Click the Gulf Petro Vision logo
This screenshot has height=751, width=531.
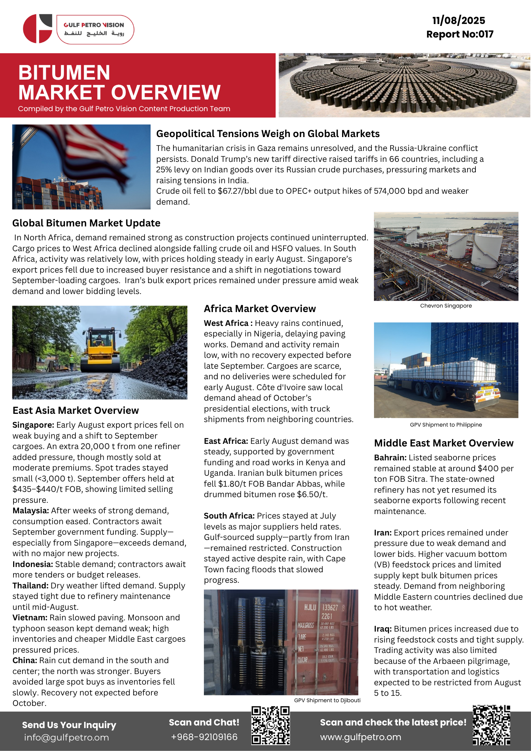(78, 29)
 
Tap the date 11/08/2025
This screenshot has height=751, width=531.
(459, 20)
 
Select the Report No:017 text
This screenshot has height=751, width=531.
(460, 34)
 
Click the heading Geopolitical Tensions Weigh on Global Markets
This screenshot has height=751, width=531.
(268, 134)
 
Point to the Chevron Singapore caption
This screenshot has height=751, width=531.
(446, 306)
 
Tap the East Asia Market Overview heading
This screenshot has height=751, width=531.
(75, 410)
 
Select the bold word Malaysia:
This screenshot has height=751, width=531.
(30, 511)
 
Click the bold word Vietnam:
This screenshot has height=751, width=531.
(30, 618)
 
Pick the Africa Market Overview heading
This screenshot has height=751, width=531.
(259, 309)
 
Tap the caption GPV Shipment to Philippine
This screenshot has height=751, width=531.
(446, 425)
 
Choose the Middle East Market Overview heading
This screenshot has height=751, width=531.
(444, 443)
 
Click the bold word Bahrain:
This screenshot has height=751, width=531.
(390, 458)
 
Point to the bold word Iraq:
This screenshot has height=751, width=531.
(383, 629)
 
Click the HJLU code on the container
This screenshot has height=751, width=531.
(310, 607)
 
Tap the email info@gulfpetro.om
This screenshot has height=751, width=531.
(66, 737)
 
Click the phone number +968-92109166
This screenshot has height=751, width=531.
(204, 737)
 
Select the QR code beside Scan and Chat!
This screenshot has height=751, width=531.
(270, 725)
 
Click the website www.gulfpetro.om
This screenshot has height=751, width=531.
(361, 737)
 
